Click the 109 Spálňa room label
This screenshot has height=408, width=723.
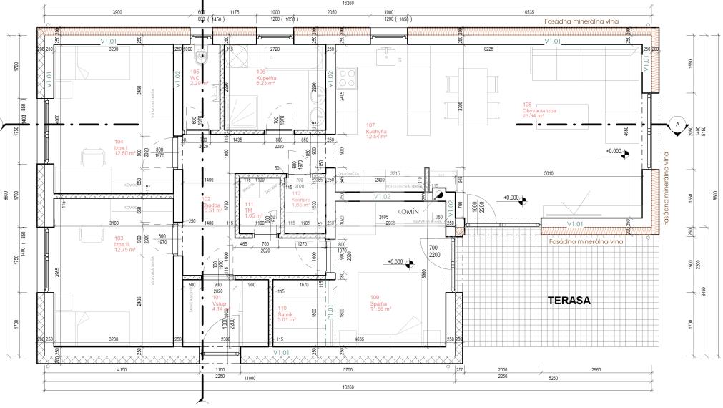coord(380,303)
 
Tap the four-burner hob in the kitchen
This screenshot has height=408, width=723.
coord(349,74)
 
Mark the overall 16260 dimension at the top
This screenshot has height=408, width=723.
coord(348,4)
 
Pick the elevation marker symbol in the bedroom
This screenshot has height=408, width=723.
coord(410,264)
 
